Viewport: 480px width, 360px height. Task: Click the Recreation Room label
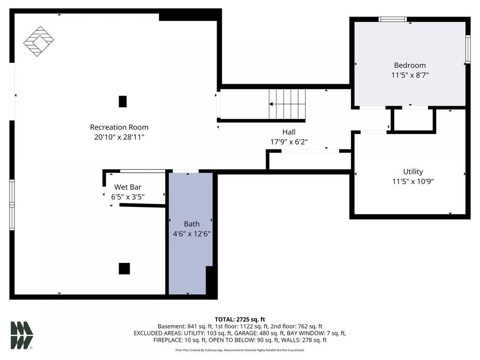coord(119,127)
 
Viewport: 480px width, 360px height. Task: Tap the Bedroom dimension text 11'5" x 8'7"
coord(410,75)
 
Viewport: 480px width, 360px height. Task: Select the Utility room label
coord(413,171)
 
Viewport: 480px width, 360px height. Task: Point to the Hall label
coord(289,132)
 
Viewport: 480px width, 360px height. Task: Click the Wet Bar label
coord(127,187)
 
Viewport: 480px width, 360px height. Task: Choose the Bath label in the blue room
coord(191,223)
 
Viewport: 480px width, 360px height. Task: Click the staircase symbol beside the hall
coord(287,104)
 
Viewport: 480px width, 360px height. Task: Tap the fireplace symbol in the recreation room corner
coord(38,42)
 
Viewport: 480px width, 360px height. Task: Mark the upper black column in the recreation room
coord(123,101)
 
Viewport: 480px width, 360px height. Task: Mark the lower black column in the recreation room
coord(124,268)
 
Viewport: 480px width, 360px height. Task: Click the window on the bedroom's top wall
coord(393,20)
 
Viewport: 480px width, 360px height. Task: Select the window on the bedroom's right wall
coord(467,50)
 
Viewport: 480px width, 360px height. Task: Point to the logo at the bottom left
coord(22,335)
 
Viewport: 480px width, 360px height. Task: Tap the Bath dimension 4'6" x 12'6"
coord(191,234)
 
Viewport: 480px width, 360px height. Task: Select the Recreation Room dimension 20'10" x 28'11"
coord(119,137)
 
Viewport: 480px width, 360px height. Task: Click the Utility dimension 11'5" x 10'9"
coord(413,181)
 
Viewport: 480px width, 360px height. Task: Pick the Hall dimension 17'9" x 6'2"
coord(289,142)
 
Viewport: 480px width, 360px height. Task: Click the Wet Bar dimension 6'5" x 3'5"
coord(127,196)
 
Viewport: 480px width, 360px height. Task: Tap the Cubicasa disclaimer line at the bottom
coord(239,350)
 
